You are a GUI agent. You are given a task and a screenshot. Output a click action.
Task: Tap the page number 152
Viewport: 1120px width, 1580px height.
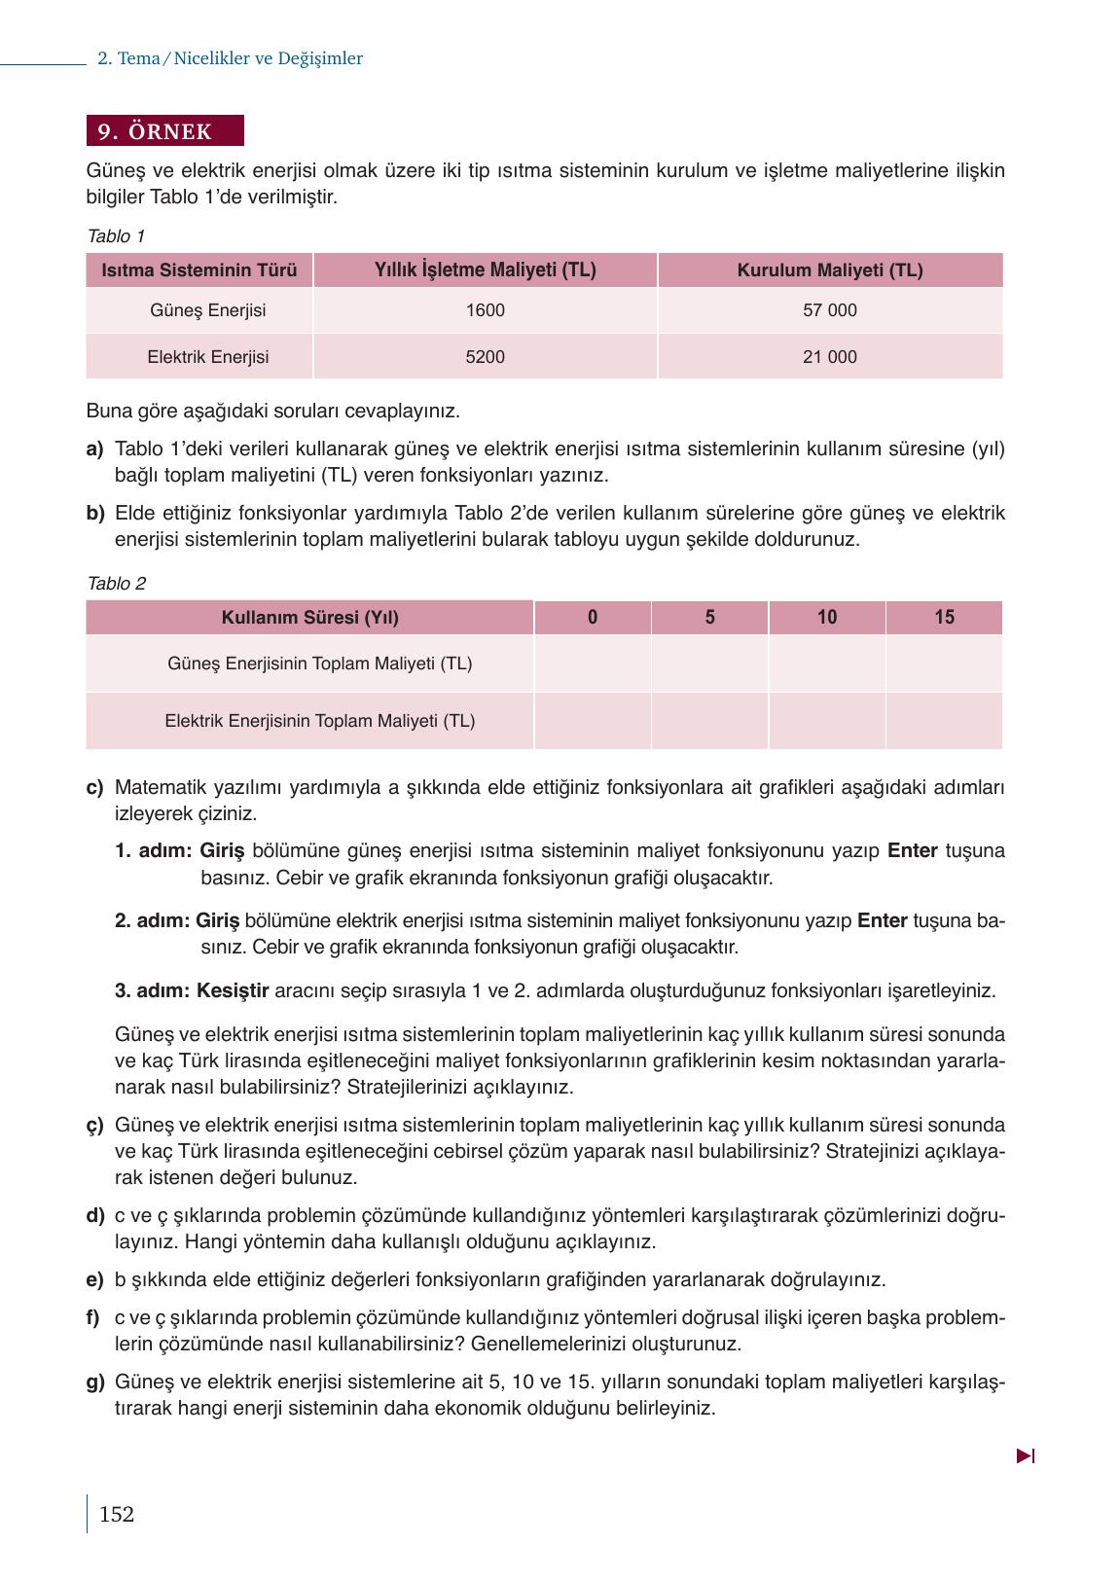pos(116,1514)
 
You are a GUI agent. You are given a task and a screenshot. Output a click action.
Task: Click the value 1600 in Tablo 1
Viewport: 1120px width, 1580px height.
pos(485,310)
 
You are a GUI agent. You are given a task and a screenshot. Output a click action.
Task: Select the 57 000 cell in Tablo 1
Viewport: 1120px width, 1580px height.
pos(829,310)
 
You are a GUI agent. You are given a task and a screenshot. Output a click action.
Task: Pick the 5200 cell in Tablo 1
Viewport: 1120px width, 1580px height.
pos(485,357)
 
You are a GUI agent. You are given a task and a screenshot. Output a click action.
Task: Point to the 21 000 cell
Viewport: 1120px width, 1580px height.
pos(829,357)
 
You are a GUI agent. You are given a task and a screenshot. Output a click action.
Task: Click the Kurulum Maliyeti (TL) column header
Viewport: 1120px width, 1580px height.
pos(829,270)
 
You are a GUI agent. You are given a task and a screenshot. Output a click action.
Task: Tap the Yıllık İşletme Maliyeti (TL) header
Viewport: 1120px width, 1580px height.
pos(485,270)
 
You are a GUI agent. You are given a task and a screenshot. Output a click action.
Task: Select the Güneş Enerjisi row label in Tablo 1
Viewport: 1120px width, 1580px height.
pos(207,310)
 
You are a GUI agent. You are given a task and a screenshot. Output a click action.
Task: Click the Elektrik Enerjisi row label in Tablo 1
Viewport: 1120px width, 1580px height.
pos(207,357)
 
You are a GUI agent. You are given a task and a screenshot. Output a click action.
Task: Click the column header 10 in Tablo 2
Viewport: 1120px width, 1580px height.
pos(826,617)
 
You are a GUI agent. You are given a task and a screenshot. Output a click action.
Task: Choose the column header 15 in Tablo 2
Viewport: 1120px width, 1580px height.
pos(944,617)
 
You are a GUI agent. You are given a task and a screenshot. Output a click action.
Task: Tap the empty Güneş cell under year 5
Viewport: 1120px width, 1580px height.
pos(709,664)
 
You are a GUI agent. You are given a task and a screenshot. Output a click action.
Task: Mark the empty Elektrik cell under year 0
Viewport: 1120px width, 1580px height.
pos(592,721)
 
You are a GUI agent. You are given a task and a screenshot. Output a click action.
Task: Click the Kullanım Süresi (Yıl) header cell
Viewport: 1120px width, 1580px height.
pos(309,617)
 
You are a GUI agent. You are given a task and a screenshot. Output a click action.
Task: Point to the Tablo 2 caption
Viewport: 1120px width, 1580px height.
pos(116,584)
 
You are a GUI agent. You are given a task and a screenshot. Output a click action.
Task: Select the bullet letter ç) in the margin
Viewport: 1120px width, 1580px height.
pos(94,1126)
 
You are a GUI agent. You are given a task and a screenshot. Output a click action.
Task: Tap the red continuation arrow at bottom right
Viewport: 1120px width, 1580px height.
pos(1025,1456)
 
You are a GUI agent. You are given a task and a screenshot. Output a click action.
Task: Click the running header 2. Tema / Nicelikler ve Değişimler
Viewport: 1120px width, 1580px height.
pos(230,58)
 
